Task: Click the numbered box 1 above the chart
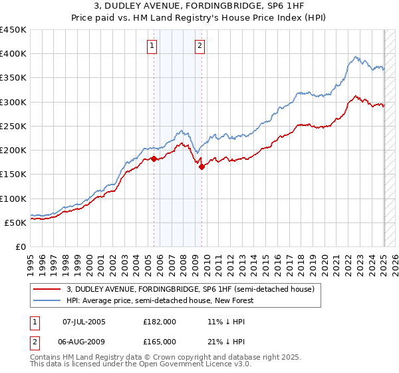coord(153,46)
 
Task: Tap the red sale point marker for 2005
coord(154,159)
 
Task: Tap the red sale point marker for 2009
coord(201,167)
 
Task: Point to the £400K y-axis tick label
coord(13,54)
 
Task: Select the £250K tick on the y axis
coord(13,126)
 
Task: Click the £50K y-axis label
coord(15,222)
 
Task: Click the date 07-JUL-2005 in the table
coord(84,321)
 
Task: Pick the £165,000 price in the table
coord(160,341)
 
